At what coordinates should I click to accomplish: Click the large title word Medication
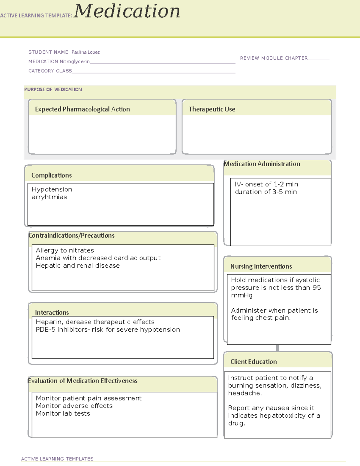[127, 11]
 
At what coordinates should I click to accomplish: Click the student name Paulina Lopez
[85, 52]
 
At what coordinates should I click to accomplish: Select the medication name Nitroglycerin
[74, 62]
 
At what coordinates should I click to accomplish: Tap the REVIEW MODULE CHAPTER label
[274, 58]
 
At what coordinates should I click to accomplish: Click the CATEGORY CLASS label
[50, 71]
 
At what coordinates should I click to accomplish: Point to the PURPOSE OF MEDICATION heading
[53, 89]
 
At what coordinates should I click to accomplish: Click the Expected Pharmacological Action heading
[82, 109]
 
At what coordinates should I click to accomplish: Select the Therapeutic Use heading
[212, 109]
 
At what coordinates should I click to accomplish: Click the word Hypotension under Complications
[52, 189]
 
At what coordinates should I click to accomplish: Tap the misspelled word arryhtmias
[49, 197]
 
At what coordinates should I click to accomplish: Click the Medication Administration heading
[262, 164]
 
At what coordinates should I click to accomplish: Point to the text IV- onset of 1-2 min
[266, 184]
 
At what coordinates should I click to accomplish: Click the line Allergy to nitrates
[65, 250]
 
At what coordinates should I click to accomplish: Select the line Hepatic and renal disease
[78, 266]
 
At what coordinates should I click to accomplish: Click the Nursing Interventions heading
[261, 266]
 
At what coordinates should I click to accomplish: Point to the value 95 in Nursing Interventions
[316, 287]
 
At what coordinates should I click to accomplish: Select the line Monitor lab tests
[63, 413]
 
